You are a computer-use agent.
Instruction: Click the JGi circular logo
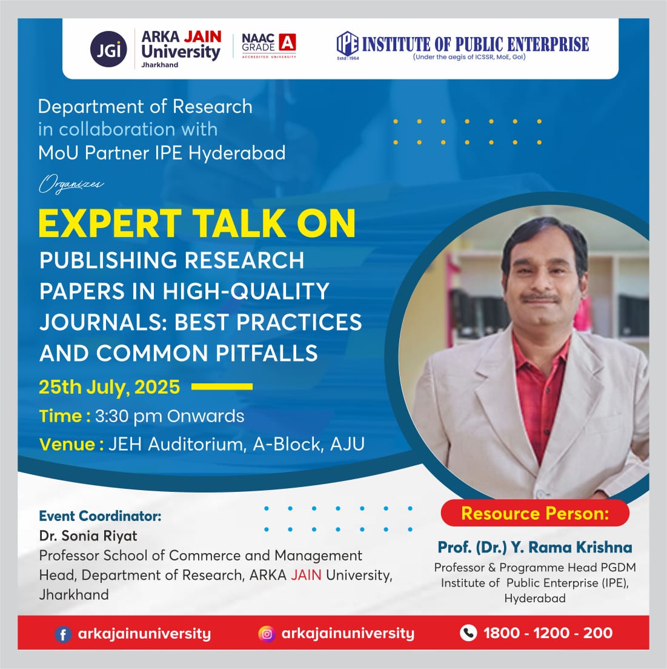coord(108,49)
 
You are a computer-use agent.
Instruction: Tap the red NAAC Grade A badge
coord(287,42)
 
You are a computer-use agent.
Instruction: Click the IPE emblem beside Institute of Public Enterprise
coord(347,44)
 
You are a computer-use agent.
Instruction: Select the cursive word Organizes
coord(71,184)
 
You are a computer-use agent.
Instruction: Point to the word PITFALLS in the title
coord(267,353)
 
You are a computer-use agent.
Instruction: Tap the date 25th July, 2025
coord(110,387)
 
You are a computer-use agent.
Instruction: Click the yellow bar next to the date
coord(222,386)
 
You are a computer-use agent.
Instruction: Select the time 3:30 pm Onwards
coord(170,416)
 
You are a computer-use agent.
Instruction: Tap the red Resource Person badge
coord(535,513)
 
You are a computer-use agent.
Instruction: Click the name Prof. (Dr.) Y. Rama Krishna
coord(535,548)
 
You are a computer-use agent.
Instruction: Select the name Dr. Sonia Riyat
coord(88,536)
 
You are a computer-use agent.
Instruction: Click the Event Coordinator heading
coord(100,516)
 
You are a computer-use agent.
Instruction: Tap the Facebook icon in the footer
coord(62,634)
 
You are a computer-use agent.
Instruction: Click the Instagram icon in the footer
coord(267,634)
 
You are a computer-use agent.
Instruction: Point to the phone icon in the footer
coord(468,633)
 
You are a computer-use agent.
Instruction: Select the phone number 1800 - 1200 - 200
coord(548,633)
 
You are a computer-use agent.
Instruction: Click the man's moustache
coord(541,297)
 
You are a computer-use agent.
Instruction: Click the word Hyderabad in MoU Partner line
coord(237,153)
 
